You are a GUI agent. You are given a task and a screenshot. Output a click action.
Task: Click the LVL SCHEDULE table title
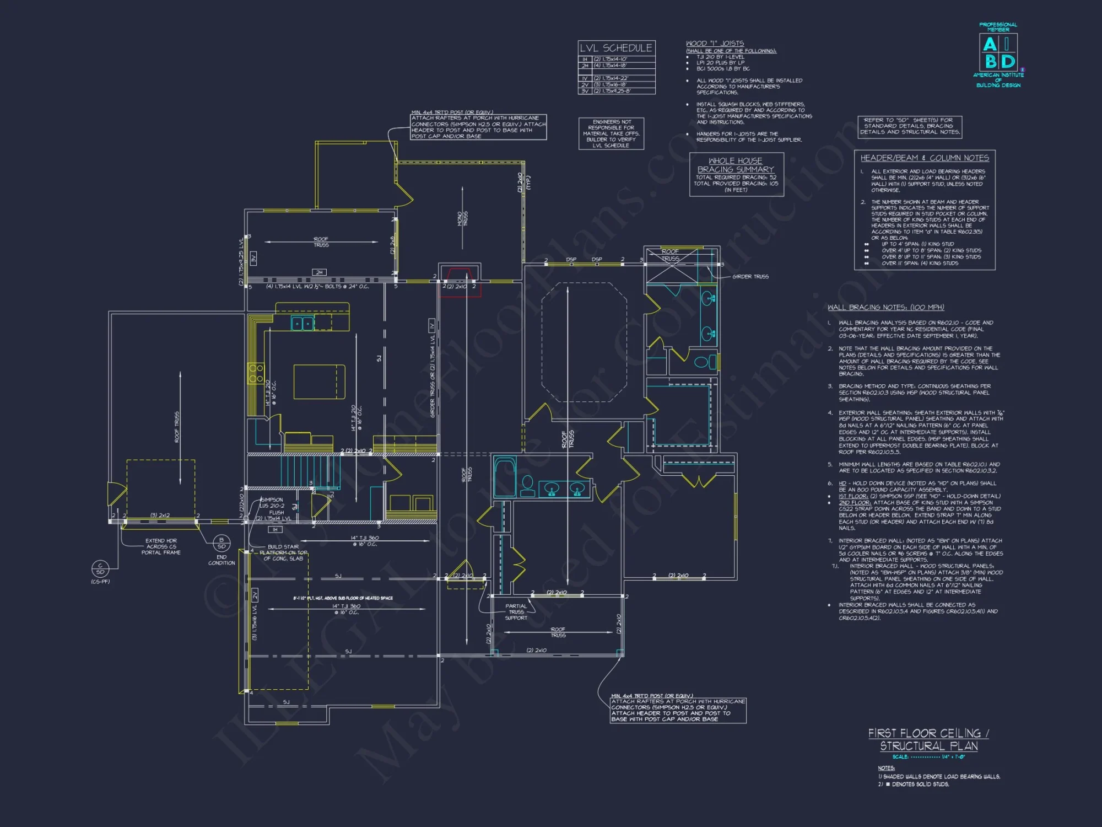pos(616,48)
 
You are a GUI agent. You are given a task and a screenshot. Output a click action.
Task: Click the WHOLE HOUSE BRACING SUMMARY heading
pos(736,165)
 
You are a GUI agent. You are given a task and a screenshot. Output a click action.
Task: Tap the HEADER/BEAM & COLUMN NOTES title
pos(925,158)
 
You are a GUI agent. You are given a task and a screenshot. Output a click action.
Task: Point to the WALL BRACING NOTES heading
pos(885,308)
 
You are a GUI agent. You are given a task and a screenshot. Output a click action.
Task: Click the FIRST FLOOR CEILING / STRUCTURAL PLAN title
pos(928,739)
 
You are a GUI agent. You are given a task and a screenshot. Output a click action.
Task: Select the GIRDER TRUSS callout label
pos(750,277)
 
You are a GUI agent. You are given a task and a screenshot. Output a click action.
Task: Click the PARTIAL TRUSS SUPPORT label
pos(516,612)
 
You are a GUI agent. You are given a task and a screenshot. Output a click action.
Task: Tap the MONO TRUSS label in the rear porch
pos(462,218)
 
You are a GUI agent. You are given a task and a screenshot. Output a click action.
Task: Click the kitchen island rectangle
pos(319,382)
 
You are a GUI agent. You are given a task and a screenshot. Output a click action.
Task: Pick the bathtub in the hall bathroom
pos(504,477)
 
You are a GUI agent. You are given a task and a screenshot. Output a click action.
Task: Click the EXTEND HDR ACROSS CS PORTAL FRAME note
pos(161,546)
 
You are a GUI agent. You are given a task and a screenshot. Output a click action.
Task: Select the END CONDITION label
pos(222,560)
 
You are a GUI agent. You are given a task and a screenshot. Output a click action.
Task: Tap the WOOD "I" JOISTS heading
pos(715,44)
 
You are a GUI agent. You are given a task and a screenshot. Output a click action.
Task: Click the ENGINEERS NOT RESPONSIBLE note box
pos(611,133)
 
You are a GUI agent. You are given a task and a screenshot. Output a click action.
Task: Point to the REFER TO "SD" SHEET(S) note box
pos(910,126)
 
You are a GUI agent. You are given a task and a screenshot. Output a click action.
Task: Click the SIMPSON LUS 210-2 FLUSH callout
pos(272,506)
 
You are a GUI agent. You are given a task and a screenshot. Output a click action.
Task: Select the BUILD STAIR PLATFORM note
pos(283,552)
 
